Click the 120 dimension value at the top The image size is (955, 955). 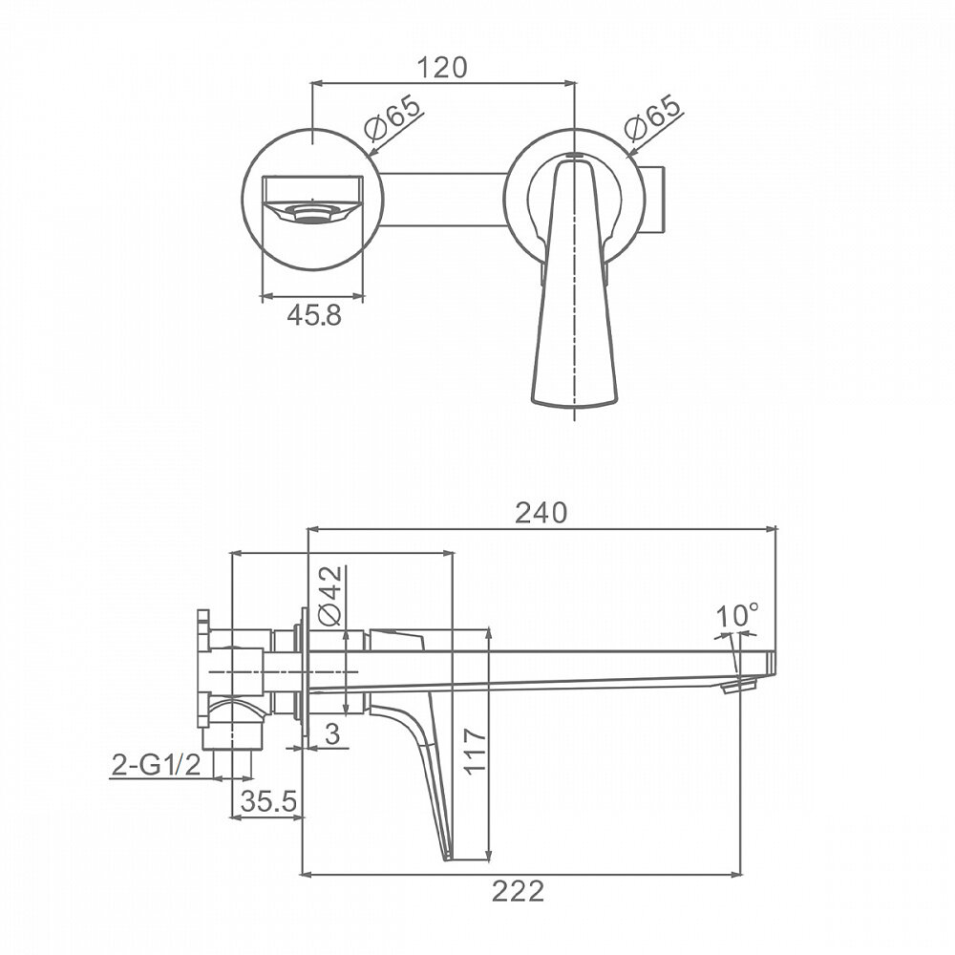[442, 67]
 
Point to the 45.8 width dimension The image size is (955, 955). [314, 315]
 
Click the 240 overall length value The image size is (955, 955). [541, 514]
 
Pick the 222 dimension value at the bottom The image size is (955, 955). [518, 892]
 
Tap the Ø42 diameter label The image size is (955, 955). [330, 596]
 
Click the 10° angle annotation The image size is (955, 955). [737, 615]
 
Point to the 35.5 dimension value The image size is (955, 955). [268, 801]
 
